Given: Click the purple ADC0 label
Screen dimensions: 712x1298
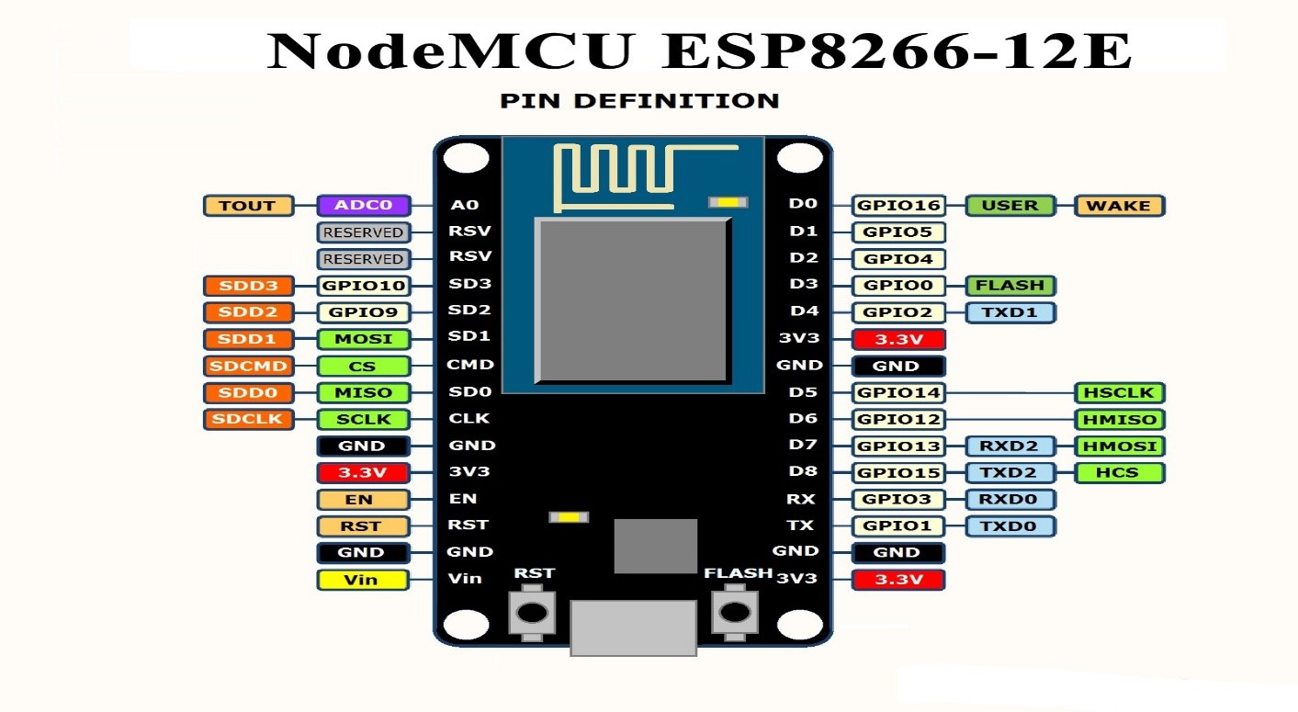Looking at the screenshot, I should [363, 206].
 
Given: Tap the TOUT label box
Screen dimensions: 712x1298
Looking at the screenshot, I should [247, 206].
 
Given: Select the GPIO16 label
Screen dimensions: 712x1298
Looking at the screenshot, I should [898, 206].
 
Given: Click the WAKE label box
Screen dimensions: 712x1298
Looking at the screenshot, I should [1119, 206].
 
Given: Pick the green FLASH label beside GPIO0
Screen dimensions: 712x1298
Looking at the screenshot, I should [1010, 286].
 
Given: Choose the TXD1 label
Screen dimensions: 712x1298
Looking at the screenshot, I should [1010, 312].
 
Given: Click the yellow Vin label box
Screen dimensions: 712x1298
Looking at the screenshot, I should [362, 580].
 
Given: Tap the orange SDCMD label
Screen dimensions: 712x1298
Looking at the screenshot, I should [247, 367].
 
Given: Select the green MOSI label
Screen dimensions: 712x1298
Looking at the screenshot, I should [363, 339].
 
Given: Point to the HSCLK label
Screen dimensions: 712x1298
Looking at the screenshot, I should [1119, 393].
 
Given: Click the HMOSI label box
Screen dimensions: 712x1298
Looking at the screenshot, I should [1119, 446].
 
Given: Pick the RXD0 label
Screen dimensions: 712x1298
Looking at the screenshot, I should [1010, 500].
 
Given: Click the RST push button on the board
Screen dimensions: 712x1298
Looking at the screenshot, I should [532, 612].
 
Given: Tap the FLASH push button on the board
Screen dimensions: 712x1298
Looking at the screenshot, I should [735, 612].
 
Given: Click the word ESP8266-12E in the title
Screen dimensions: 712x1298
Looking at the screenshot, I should [896, 51].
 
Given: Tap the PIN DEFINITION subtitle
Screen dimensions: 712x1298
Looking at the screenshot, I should [639, 101].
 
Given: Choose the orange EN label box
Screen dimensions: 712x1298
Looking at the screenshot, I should [362, 500].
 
